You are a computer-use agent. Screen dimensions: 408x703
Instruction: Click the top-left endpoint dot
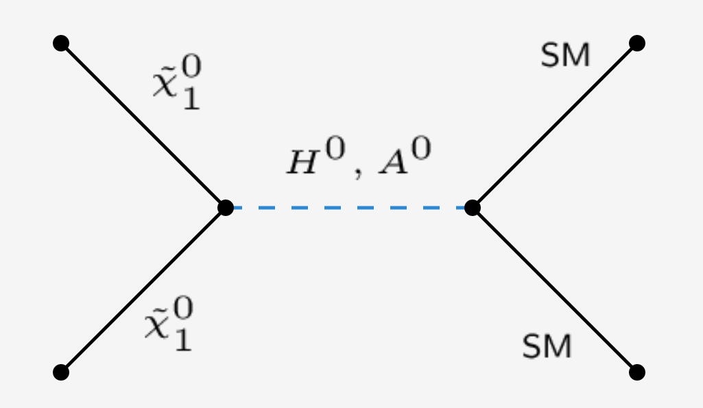(x=61, y=43)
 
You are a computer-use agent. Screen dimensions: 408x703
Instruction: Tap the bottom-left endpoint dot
(x=61, y=372)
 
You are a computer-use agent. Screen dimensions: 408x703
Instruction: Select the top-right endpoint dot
(x=637, y=43)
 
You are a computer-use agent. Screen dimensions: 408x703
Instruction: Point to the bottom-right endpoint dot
(x=637, y=372)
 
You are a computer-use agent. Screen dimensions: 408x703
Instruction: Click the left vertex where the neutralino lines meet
(x=226, y=207)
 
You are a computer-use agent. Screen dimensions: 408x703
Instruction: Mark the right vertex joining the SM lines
(x=473, y=207)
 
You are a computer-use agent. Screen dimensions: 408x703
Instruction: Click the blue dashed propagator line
(x=348, y=207)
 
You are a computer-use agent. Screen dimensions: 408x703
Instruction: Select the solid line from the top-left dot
(x=143, y=125)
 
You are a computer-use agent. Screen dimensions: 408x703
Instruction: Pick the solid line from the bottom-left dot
(x=143, y=290)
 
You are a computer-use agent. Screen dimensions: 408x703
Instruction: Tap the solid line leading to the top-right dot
(x=555, y=125)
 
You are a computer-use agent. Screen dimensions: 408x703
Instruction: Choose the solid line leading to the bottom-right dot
(x=555, y=290)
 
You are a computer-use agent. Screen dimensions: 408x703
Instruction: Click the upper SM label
(x=565, y=57)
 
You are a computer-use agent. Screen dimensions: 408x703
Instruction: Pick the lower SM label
(x=547, y=348)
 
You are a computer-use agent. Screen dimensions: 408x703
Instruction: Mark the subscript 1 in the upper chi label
(x=191, y=99)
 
